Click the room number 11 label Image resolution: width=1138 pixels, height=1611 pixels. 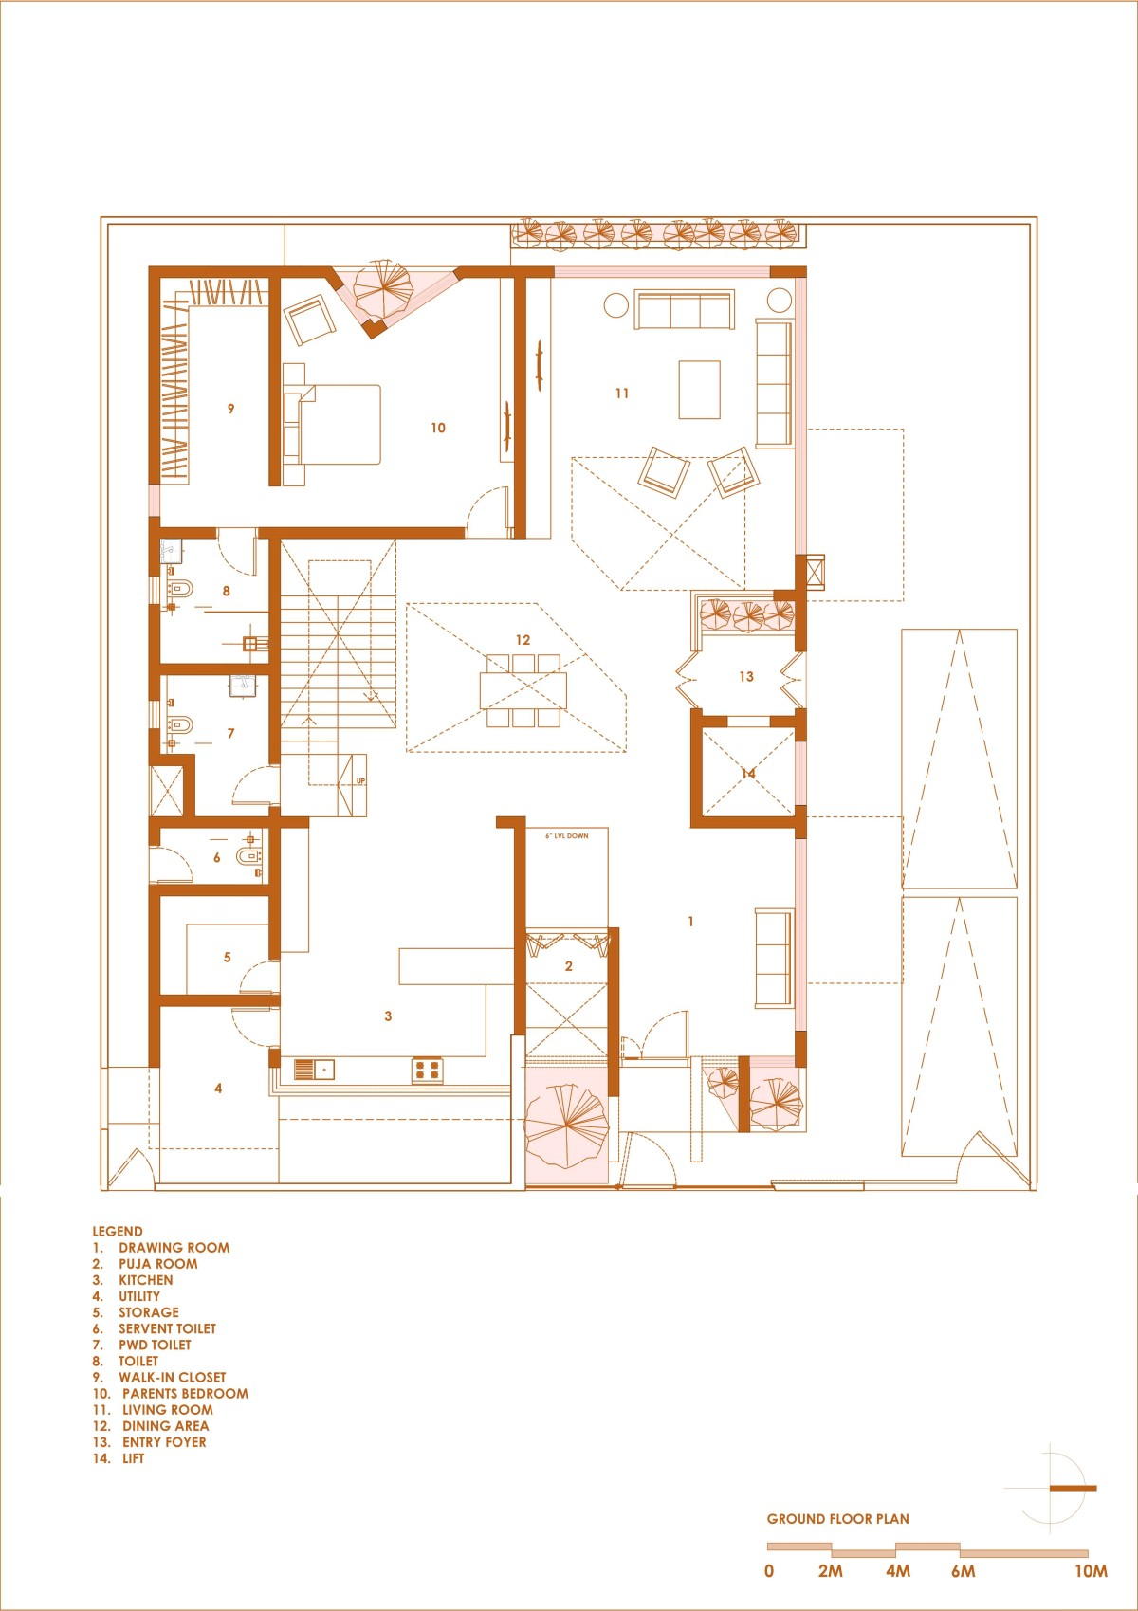(622, 394)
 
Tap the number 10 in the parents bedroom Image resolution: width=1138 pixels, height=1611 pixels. (438, 428)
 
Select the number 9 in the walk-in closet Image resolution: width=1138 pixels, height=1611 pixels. (230, 409)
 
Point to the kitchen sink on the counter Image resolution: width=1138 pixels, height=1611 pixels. (314, 1070)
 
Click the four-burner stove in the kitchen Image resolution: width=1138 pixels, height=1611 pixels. (428, 1070)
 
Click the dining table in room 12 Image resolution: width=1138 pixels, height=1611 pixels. (523, 689)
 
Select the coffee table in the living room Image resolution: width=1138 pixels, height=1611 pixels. (699, 390)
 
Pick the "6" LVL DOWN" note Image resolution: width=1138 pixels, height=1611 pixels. (567, 835)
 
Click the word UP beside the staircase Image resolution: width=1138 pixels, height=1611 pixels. (360, 781)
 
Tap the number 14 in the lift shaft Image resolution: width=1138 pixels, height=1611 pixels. (748, 773)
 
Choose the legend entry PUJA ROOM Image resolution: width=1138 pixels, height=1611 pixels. (158, 1264)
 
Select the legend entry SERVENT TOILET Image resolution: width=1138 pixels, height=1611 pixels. (167, 1328)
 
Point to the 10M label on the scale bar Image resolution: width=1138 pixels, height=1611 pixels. (1091, 1571)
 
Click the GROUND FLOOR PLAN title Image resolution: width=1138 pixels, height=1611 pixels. (838, 1519)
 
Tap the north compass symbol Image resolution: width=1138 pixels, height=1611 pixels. (1052, 1488)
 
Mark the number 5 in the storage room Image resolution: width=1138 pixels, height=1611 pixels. (228, 958)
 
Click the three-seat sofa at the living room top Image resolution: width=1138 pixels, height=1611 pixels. (684, 309)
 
